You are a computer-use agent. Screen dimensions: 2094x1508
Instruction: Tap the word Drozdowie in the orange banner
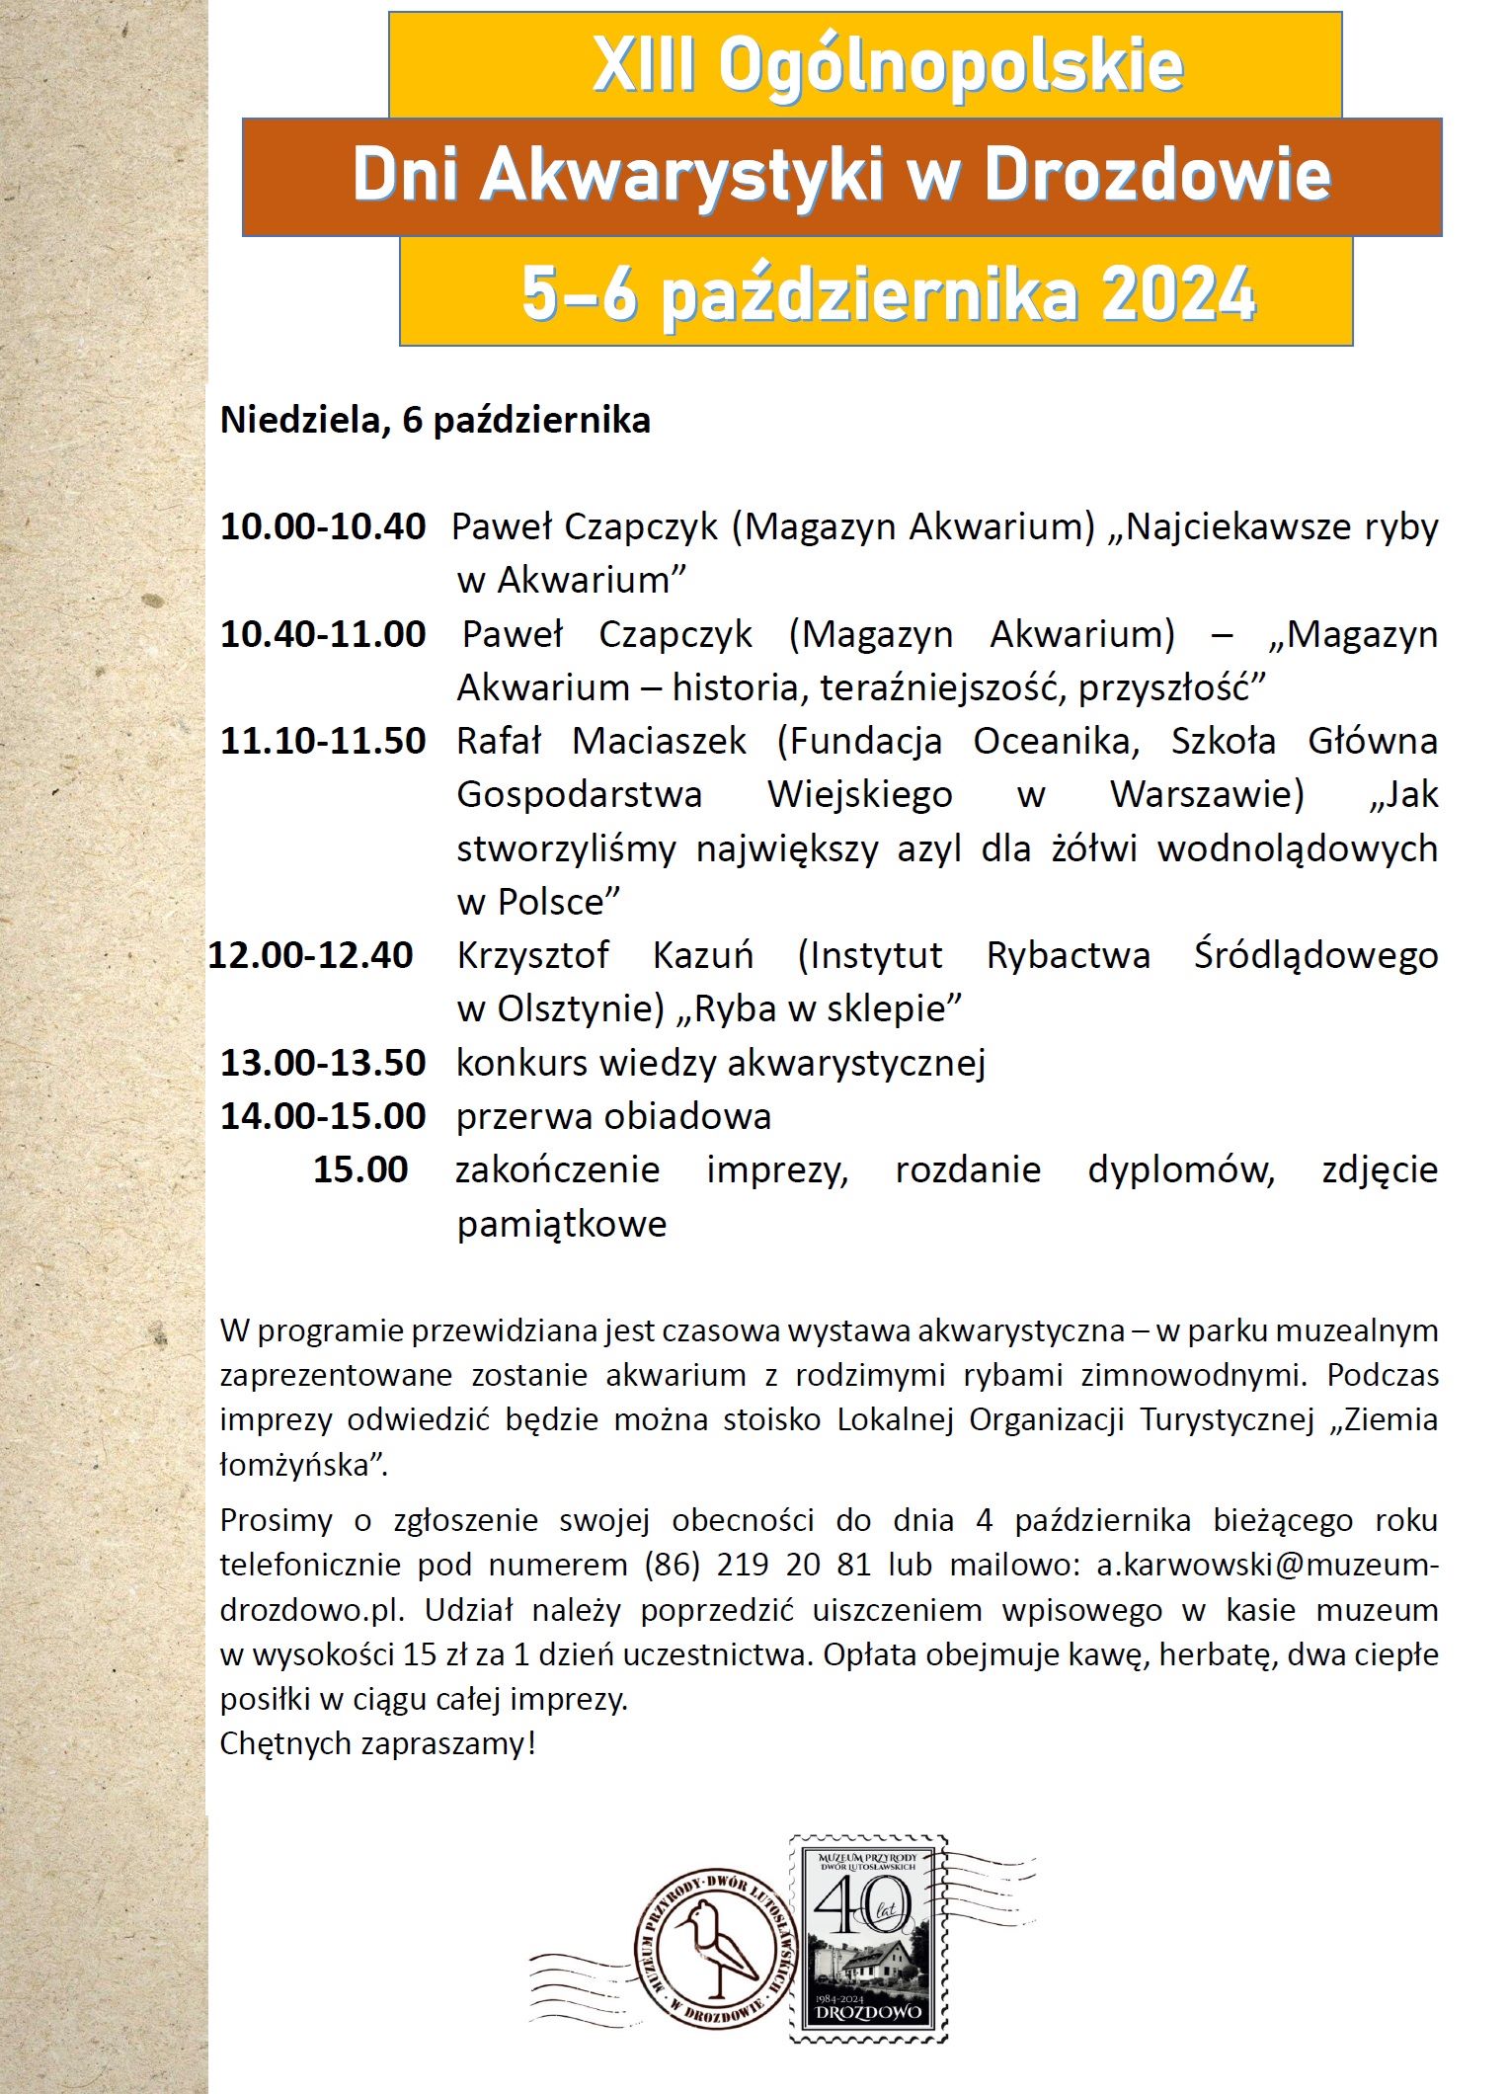pyautogui.click(x=1156, y=176)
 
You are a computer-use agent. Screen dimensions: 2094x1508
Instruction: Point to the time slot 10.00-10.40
pyautogui.click(x=322, y=526)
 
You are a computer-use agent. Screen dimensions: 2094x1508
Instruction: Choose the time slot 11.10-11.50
pyautogui.click(x=322, y=741)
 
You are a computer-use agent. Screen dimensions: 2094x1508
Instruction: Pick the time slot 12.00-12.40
pyautogui.click(x=310, y=955)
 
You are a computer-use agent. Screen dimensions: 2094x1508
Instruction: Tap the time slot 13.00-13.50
pyautogui.click(x=322, y=1063)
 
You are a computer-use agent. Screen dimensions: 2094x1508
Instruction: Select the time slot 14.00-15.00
pyautogui.click(x=322, y=1116)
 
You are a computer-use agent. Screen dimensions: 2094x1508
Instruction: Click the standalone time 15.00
pyautogui.click(x=360, y=1169)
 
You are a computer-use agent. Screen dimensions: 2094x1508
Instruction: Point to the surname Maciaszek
pyautogui.click(x=659, y=741)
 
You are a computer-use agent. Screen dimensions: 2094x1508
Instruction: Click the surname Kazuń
pyautogui.click(x=702, y=955)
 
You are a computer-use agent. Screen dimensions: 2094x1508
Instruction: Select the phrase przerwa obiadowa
pyautogui.click(x=613, y=1116)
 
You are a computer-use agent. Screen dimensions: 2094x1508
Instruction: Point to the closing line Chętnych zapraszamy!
pyautogui.click(x=377, y=1743)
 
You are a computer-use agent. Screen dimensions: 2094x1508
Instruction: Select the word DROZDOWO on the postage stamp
pyautogui.click(x=868, y=2010)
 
